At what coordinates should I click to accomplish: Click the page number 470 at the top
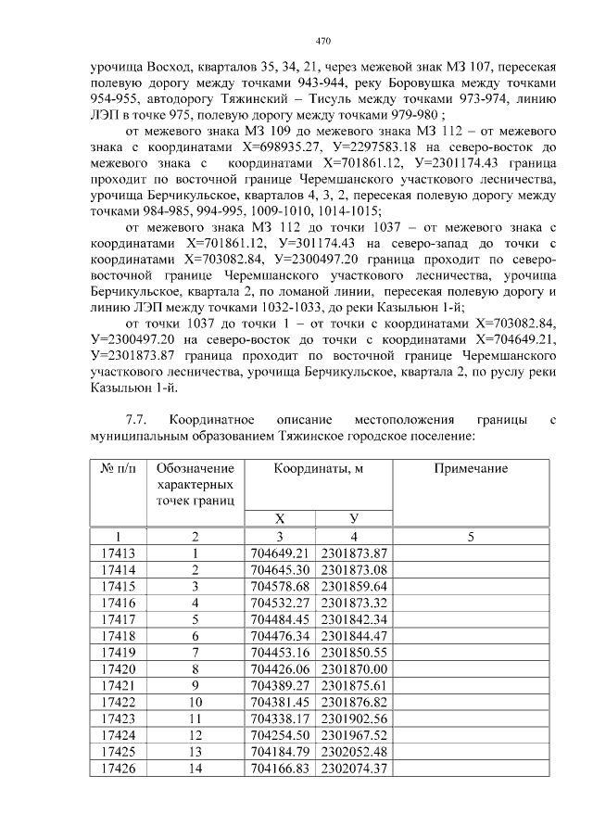click(322, 41)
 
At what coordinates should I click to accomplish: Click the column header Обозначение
click(196, 469)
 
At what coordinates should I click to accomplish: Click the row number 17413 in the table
click(118, 553)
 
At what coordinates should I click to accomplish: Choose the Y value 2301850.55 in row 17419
click(354, 651)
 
